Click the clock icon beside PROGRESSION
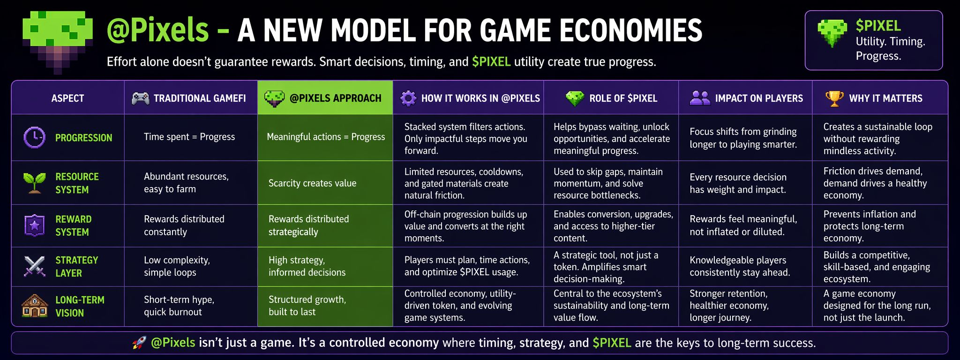pyautogui.click(x=34, y=137)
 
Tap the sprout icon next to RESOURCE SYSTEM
pyautogui.click(x=34, y=183)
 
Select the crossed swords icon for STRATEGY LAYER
pyautogui.click(x=34, y=266)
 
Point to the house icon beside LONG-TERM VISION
pyautogui.click(x=35, y=306)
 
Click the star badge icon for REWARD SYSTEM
pyautogui.click(x=34, y=225)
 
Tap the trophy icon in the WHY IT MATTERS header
pyautogui.click(x=834, y=98)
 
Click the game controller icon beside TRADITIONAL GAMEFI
pyautogui.click(x=141, y=98)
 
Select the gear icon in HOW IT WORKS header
pyautogui.click(x=408, y=98)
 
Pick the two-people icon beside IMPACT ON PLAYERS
pyautogui.click(x=700, y=97)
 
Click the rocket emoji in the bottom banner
pyautogui.click(x=139, y=343)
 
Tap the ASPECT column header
pyautogui.click(x=68, y=98)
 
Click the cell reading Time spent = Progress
pyautogui.click(x=189, y=137)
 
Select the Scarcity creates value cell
pyautogui.click(x=312, y=183)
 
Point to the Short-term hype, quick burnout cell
pyautogui.click(x=179, y=306)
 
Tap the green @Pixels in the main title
pyautogui.click(x=157, y=30)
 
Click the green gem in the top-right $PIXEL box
pyautogui.click(x=832, y=33)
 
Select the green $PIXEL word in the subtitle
pyautogui.click(x=491, y=62)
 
